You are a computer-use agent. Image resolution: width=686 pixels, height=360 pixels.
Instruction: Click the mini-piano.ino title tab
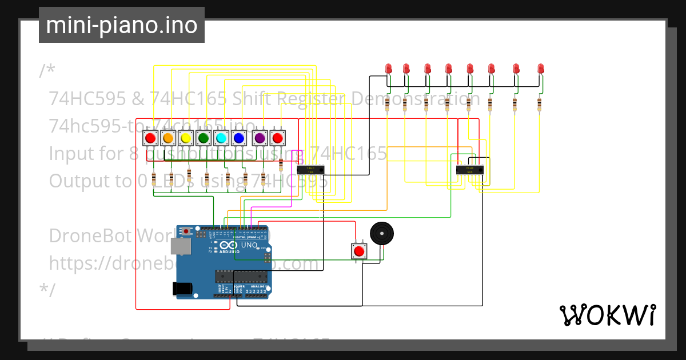tap(121, 25)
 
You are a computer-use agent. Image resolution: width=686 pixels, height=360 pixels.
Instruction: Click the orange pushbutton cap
tap(168, 138)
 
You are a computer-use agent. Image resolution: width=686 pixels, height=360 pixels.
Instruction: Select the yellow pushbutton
tap(185, 138)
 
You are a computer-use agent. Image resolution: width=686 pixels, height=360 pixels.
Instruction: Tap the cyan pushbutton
tap(221, 138)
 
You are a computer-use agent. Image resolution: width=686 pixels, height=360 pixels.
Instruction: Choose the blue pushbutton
tap(239, 138)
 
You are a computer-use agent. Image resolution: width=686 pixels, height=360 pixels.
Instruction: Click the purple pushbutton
tap(260, 138)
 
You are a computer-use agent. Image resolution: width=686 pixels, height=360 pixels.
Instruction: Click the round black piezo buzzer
tap(382, 234)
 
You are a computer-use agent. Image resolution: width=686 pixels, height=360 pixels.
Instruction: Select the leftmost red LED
tap(389, 68)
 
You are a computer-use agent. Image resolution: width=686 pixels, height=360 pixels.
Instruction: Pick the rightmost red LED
tap(540, 68)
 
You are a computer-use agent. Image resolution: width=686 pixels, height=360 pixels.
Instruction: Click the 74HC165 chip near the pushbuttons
tap(310, 169)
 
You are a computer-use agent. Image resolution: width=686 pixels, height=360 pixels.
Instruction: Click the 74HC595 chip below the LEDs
tap(469, 169)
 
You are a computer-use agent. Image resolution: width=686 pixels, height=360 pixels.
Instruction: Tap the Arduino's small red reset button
tap(186, 231)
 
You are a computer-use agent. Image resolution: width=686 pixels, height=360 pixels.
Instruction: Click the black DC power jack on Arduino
tap(182, 289)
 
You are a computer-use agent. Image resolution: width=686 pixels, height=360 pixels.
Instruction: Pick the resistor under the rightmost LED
tap(539, 104)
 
